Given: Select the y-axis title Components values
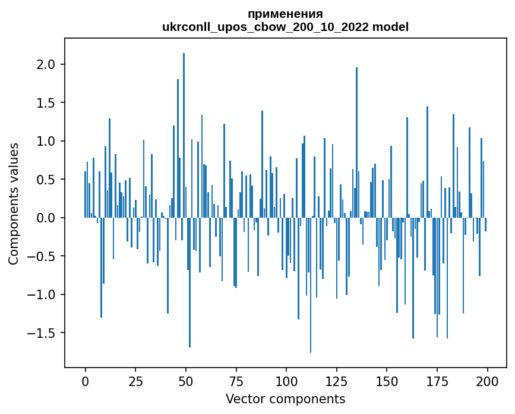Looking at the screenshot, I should [x=14, y=203].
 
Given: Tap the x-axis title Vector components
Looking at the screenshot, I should [x=285, y=399].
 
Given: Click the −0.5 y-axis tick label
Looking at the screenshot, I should [x=44, y=256].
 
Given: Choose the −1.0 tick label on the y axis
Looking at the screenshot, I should [x=44, y=295].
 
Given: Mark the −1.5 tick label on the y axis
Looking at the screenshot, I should [x=44, y=333].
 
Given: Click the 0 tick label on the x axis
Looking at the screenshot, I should [x=85, y=381].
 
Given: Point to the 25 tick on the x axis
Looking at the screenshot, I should [x=135, y=381].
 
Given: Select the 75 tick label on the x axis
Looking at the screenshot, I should [x=236, y=381].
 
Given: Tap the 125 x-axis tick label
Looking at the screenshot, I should [x=336, y=381].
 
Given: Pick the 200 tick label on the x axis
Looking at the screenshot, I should [x=487, y=381].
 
